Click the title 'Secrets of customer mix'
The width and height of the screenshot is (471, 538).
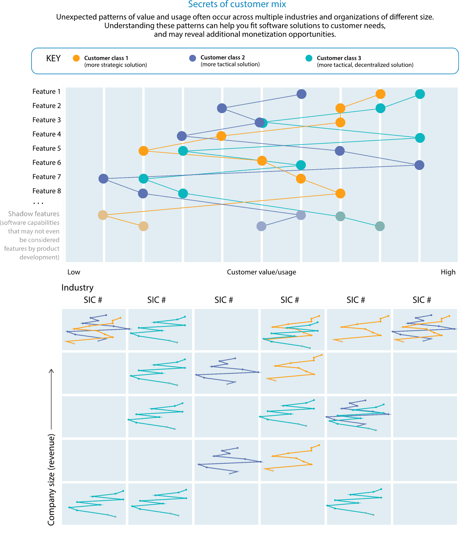pyautogui.click(x=237, y=4)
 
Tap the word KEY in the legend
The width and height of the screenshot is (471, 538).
pyautogui.click(x=53, y=58)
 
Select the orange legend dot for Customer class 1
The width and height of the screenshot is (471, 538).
pyautogui.click(x=76, y=58)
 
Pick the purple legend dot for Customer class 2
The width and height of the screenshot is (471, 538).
pyautogui.click(x=192, y=58)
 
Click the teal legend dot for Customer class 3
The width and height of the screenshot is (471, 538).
pyautogui.click(x=309, y=58)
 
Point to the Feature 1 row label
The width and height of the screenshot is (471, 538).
pyautogui.click(x=47, y=91)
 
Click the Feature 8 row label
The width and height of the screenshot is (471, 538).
pyautogui.click(x=47, y=191)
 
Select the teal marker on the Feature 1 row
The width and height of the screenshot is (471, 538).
pyautogui.click(x=420, y=94)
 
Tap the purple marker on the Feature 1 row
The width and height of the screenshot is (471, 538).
pyautogui.click(x=301, y=94)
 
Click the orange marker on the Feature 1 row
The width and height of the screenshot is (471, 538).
pyautogui.click(x=380, y=94)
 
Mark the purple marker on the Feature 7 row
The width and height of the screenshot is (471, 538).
pyautogui.click(x=103, y=179)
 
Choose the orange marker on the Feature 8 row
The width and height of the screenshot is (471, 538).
pyautogui.click(x=340, y=193)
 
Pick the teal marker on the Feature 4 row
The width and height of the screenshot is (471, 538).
pyautogui.click(x=420, y=138)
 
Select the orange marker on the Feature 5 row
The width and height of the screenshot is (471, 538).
pyautogui.click(x=143, y=151)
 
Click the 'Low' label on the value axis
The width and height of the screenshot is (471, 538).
pyautogui.click(x=74, y=272)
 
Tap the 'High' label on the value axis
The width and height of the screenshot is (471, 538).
pyautogui.click(x=448, y=272)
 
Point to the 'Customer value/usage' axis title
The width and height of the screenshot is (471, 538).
pyautogui.click(x=261, y=272)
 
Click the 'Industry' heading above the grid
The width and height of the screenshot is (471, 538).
pyautogui.click(x=77, y=288)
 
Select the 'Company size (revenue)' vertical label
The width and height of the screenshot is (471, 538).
pyautogui.click(x=51, y=480)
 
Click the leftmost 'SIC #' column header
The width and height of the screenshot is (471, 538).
pyautogui.click(x=93, y=300)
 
